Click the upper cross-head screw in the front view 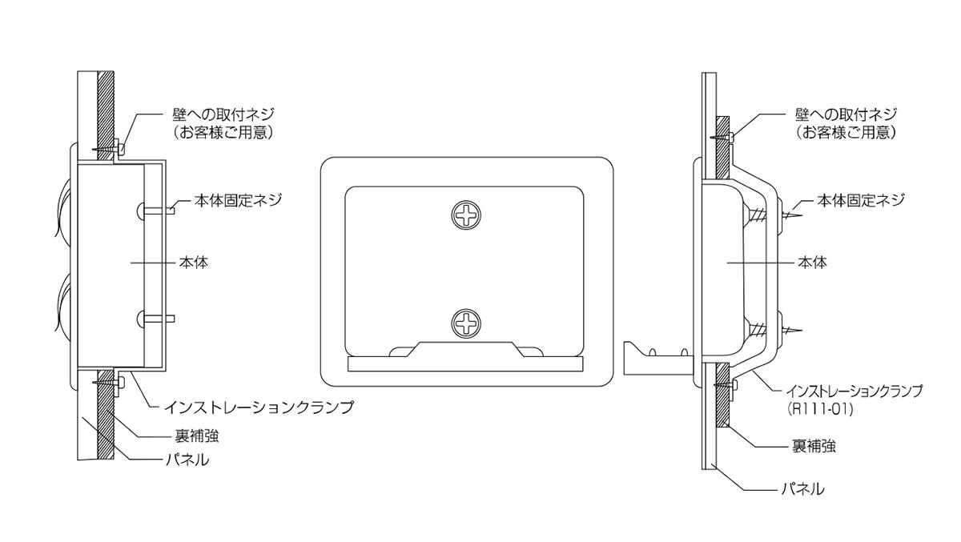tap(465, 215)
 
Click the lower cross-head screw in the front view tap(465, 323)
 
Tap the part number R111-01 tap(820, 409)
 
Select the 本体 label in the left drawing tap(194, 263)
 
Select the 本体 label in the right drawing tap(812, 263)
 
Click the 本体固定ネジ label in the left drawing tap(238, 200)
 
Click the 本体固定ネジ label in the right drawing tap(861, 200)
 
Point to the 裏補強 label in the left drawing tap(197, 436)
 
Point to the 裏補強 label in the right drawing tap(814, 447)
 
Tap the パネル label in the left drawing tap(188, 460)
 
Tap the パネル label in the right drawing tap(802, 489)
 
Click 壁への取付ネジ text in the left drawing tap(223, 115)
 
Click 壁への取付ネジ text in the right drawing tap(846, 115)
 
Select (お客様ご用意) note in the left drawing tap(223, 133)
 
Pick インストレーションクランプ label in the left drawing tap(259, 407)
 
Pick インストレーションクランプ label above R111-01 tap(854, 391)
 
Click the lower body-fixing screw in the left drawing tap(156, 319)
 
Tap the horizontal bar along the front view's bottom tap(465, 363)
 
